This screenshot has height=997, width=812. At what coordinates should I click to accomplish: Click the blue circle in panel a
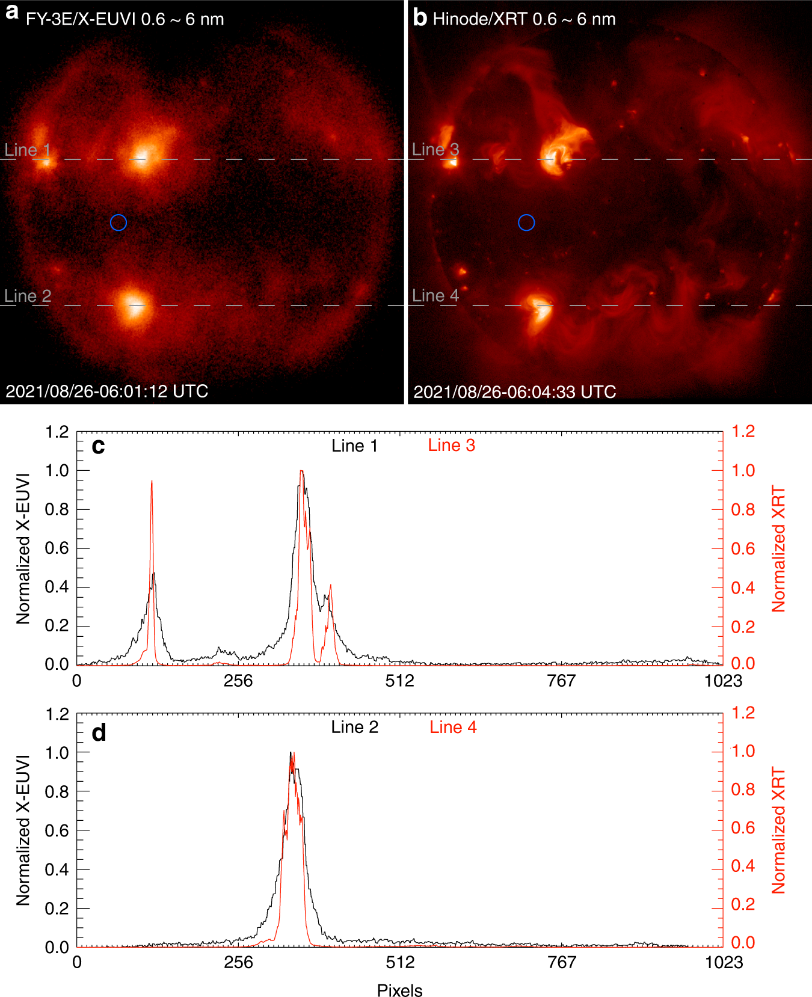click(x=118, y=222)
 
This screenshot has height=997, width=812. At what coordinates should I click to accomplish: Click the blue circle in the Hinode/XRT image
click(x=526, y=222)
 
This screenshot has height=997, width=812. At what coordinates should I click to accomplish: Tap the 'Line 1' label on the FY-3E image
click(x=27, y=150)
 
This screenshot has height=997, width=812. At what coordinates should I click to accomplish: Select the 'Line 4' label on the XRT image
click(x=435, y=295)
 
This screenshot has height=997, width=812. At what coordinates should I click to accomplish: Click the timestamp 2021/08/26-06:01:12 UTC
click(x=107, y=391)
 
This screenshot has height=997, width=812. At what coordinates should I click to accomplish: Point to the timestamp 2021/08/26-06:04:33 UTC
click(x=515, y=392)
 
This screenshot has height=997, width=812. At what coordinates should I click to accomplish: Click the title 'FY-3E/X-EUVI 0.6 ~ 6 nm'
click(x=125, y=19)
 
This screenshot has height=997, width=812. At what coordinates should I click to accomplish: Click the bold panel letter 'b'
click(x=420, y=18)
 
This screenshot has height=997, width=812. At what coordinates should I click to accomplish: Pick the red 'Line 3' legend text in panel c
click(x=451, y=445)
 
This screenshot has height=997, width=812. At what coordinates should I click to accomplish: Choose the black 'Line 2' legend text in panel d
click(x=355, y=727)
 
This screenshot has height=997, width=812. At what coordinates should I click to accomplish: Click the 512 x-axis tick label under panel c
click(x=400, y=681)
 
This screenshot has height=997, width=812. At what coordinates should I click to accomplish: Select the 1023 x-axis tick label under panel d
click(x=724, y=962)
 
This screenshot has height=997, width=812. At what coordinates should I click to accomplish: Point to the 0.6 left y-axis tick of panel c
click(x=57, y=548)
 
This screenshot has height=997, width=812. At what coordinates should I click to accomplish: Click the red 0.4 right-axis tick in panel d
click(x=742, y=866)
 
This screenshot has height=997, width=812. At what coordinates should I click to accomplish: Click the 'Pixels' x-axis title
click(x=400, y=990)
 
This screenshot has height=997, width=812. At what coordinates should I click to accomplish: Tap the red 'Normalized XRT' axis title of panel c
click(x=778, y=548)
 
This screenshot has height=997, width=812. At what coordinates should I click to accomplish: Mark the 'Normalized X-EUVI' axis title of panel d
click(x=23, y=830)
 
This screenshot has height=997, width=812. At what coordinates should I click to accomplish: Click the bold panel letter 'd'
click(x=99, y=732)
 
